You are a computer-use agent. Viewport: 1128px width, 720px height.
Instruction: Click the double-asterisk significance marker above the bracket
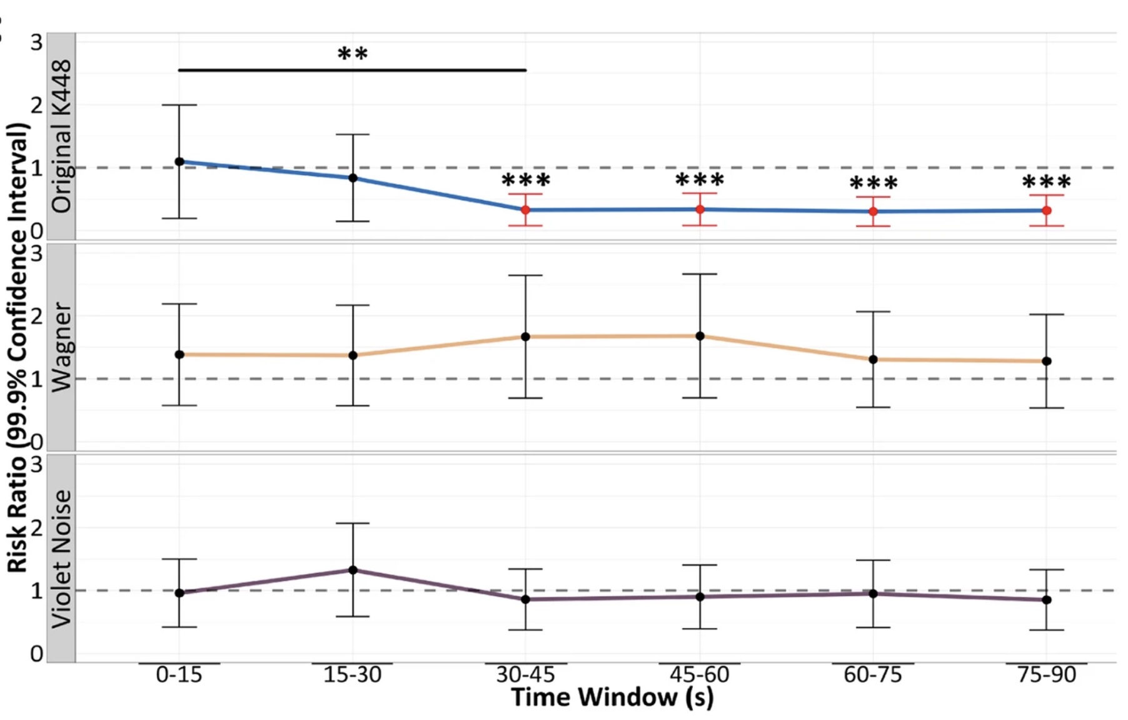point(352,54)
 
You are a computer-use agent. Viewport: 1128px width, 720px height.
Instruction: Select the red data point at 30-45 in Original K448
point(525,210)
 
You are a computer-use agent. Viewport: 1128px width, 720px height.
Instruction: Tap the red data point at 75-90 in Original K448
point(1046,211)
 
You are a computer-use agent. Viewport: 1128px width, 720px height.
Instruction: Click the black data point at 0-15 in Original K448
point(179,161)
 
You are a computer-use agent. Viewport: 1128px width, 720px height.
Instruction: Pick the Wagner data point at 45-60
point(700,336)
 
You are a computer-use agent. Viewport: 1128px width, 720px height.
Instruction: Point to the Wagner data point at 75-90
point(1046,361)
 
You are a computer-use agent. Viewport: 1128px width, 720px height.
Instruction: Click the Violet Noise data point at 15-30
point(353,570)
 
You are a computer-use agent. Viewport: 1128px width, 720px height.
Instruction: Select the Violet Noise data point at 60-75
point(873,593)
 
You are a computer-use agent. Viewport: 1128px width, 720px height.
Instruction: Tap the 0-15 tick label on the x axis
point(179,674)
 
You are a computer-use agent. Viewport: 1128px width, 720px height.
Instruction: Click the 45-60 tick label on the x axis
point(699,674)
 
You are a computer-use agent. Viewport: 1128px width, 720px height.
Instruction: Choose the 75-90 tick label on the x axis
point(1046,674)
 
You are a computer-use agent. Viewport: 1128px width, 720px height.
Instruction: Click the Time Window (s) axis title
point(612,697)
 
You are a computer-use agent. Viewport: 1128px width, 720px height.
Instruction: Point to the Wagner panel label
point(61,347)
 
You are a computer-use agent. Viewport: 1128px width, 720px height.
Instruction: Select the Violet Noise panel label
point(61,558)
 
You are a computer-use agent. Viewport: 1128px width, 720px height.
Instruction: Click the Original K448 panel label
point(61,136)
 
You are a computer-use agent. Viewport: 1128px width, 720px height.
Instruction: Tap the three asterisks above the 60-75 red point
point(873,183)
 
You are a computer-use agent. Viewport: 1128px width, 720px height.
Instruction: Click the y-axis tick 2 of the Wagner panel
point(36,315)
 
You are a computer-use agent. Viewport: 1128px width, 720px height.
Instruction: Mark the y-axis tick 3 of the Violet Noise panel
point(36,464)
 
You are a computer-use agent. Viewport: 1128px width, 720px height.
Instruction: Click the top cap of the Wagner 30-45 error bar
point(525,275)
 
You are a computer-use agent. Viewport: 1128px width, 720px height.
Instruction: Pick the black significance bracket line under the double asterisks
point(352,70)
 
